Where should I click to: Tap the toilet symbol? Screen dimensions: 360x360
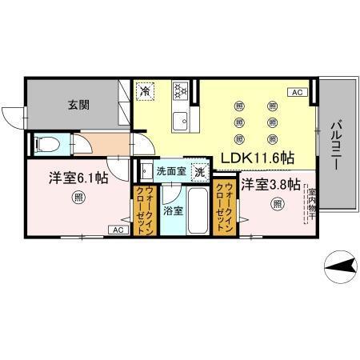(x=46, y=146)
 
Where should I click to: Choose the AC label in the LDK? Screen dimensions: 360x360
(x=297, y=93)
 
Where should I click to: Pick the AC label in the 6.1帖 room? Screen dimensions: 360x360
(x=117, y=230)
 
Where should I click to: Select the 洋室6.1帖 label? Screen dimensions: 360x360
(x=78, y=178)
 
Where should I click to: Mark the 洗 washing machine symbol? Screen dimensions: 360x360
(x=200, y=171)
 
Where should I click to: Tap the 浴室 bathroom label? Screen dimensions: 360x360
(x=172, y=210)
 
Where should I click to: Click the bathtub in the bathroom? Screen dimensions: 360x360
(x=198, y=210)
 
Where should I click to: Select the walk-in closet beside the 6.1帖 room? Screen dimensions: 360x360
(x=146, y=210)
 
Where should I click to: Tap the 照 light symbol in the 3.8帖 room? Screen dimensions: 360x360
(x=277, y=205)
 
